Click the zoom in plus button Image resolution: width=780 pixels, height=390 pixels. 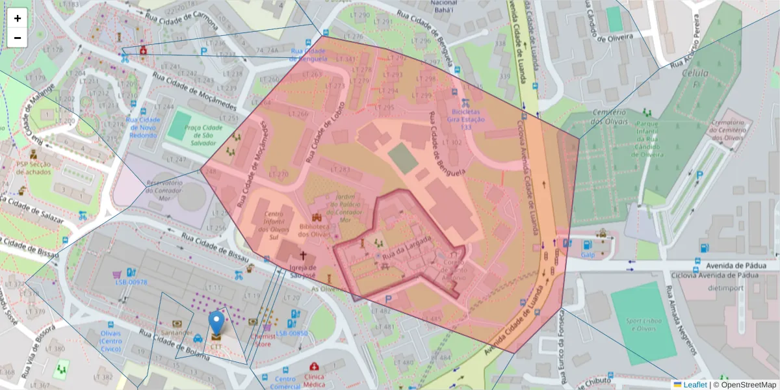(18, 18)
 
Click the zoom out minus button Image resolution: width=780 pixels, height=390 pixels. (18, 38)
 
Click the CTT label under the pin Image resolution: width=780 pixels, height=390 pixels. (216, 347)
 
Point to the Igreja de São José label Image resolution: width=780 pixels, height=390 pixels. (303, 271)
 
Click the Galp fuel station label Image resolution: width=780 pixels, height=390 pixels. (588, 255)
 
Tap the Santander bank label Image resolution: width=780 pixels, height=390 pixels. (177, 332)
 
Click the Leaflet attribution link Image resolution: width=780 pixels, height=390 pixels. (694, 385)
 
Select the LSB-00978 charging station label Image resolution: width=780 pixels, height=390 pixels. (131, 283)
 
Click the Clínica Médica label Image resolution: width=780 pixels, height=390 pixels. (314, 380)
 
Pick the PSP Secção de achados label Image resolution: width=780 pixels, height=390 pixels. (37, 168)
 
